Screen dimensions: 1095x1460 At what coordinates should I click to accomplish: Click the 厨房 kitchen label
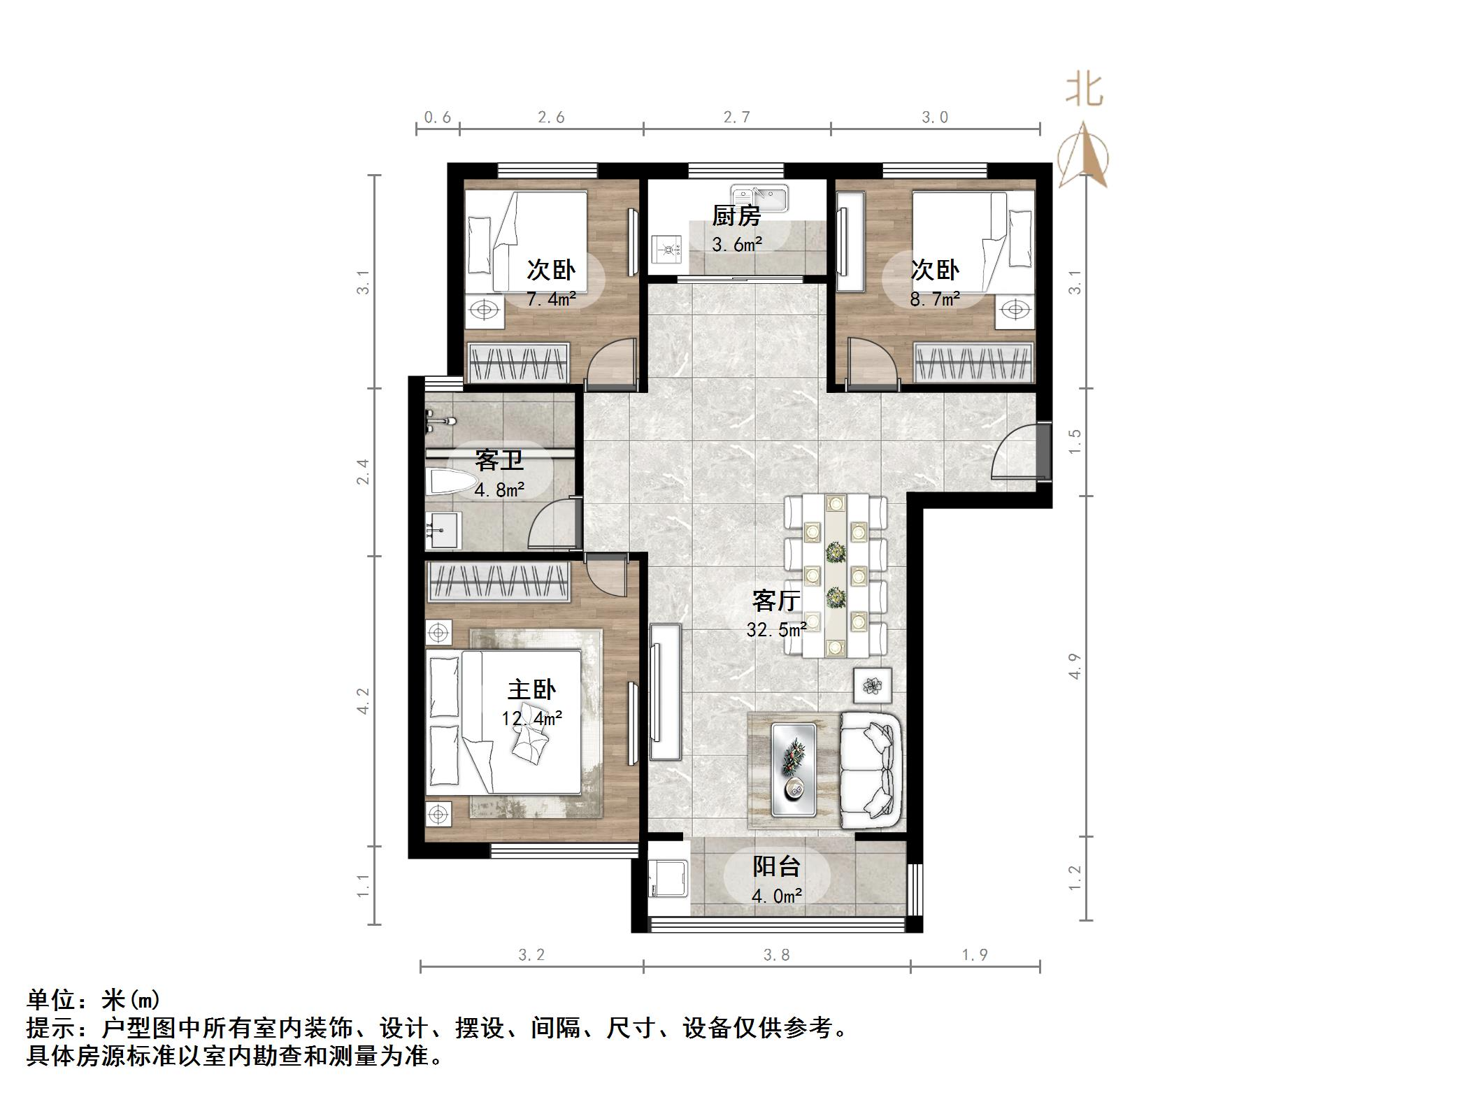click(736, 216)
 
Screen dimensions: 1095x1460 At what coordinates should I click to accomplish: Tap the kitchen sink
click(759, 198)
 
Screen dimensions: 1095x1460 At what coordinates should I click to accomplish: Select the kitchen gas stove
click(668, 248)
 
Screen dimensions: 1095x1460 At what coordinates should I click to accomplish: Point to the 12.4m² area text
click(531, 718)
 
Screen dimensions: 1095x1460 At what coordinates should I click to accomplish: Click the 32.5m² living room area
click(776, 630)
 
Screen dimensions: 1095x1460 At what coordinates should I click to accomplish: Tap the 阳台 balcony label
click(776, 867)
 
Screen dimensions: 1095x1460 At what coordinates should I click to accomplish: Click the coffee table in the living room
click(794, 769)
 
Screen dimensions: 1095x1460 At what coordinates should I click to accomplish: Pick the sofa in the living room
click(870, 769)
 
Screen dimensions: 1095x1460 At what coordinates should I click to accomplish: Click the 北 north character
click(1083, 92)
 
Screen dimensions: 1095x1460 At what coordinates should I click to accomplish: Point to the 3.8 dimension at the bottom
click(776, 955)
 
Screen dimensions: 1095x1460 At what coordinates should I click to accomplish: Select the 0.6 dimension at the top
click(437, 117)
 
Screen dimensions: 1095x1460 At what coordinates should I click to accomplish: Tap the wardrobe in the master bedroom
click(499, 581)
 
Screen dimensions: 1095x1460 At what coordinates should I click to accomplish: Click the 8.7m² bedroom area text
click(934, 299)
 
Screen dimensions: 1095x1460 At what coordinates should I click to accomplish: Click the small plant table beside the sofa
click(873, 685)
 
